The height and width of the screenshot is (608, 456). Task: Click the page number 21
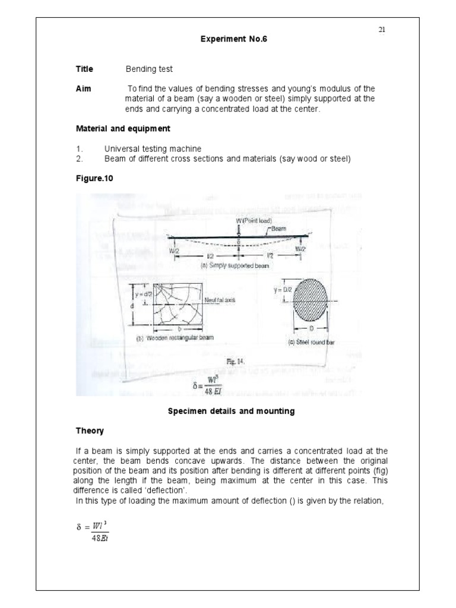[x=382, y=30]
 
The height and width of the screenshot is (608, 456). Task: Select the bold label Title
[x=84, y=69]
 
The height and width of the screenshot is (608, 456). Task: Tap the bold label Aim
[x=83, y=88]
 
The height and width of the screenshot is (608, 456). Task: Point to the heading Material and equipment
[x=123, y=128]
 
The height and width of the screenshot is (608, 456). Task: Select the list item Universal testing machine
[x=153, y=148]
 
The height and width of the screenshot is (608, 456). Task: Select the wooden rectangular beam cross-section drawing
[x=174, y=305]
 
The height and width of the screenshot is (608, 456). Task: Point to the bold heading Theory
[x=90, y=431]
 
